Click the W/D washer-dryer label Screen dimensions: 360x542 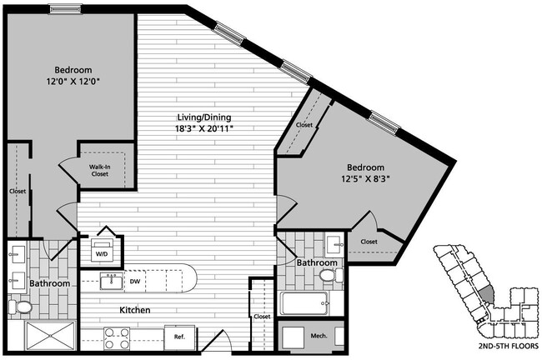101,253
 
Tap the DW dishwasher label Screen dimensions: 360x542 133,281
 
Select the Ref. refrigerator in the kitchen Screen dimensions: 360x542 179,337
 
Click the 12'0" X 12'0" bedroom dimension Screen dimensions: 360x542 73,82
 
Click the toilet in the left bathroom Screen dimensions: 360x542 23,307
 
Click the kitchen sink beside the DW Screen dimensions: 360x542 108,281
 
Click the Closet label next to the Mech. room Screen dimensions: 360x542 263,317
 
